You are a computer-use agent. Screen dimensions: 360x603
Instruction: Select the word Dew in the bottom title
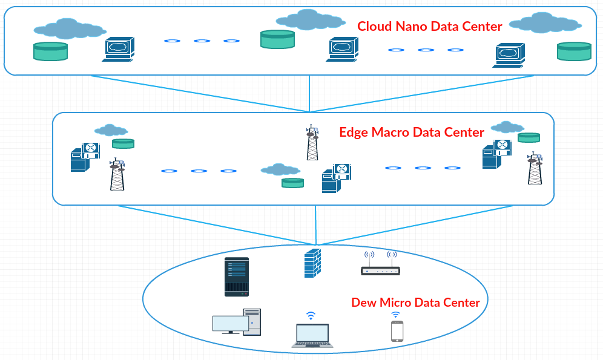pos(363,303)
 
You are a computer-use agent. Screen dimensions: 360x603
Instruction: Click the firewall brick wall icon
pos(312,263)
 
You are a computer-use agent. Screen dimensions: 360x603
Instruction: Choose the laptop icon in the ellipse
pos(312,336)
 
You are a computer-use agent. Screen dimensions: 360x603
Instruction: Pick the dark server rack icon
pos(236,277)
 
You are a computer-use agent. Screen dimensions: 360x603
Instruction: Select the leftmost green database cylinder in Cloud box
pos(50,51)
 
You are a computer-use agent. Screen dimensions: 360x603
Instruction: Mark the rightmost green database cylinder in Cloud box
pos(573,51)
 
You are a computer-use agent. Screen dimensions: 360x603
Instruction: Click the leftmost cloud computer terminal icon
pos(118,49)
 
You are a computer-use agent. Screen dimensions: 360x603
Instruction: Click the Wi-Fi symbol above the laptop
pos(311,315)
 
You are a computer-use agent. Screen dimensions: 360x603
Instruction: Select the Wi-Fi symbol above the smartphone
pos(395,315)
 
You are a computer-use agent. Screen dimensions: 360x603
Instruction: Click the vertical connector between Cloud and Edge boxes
pos(309,94)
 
